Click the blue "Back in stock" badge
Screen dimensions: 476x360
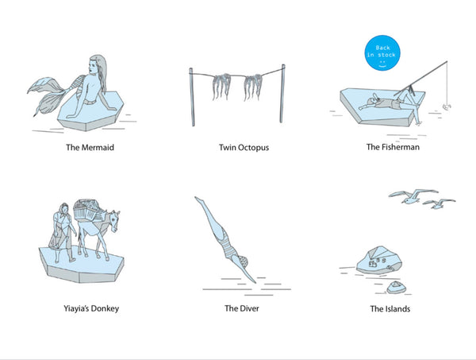pos(382,52)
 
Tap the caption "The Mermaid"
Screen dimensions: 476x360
pos(90,148)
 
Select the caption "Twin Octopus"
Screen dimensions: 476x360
pos(244,148)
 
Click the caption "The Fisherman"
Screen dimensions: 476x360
pos(393,147)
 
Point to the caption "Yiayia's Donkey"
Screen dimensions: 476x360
pos(91,308)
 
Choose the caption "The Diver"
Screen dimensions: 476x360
pos(242,308)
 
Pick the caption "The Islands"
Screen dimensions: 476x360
pos(390,309)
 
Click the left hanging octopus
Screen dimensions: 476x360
pos(221,86)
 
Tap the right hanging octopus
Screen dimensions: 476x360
pos(252,87)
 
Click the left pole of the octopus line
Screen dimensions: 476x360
pos(192,97)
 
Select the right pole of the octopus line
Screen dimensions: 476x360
pos(282,94)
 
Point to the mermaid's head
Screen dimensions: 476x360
pos(98,65)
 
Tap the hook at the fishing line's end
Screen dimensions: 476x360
pos(447,106)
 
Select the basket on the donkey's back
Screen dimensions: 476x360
pos(86,211)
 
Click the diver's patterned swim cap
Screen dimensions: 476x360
pos(244,261)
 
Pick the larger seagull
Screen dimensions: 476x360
pos(413,195)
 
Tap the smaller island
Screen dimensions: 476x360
pos(396,288)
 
